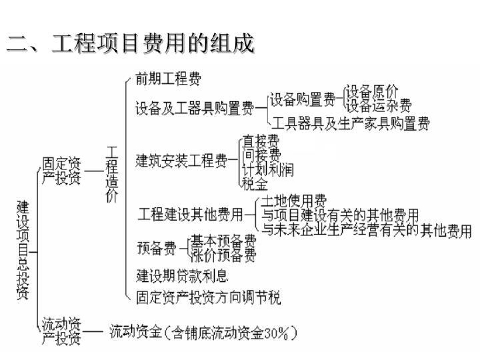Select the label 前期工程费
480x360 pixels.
168,79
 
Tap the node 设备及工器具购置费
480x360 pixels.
194,108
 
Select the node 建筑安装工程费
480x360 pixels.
181,161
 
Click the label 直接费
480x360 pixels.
261,141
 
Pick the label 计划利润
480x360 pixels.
268,169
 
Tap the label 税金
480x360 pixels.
255,183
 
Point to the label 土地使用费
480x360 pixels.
293,201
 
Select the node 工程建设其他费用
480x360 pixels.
190,215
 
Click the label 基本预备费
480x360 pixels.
224,241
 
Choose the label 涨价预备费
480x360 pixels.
224,255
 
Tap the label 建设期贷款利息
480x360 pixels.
182,275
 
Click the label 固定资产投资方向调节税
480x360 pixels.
208,297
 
